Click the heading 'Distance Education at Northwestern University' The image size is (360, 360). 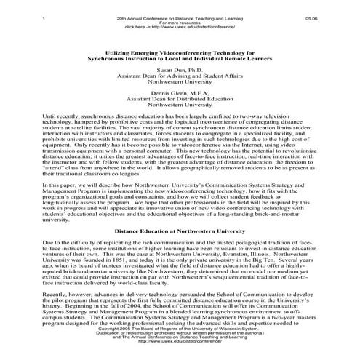click(x=180, y=229)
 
